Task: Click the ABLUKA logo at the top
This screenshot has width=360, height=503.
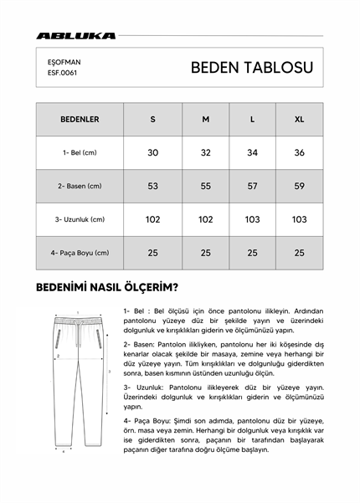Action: [76, 36]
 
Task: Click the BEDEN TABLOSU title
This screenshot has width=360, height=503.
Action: [252, 67]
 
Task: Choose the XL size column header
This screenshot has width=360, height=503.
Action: [299, 120]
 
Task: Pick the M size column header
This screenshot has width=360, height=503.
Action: [206, 120]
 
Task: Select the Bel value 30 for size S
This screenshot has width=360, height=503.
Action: [153, 152]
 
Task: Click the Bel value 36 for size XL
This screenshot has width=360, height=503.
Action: [299, 152]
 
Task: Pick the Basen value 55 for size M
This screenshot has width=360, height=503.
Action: [206, 186]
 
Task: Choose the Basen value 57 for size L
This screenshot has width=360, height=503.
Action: [253, 186]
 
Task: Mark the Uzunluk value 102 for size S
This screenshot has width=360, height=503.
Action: [153, 219]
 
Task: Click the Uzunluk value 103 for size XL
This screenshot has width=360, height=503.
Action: [299, 219]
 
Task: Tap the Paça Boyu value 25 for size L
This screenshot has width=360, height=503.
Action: [253, 253]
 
